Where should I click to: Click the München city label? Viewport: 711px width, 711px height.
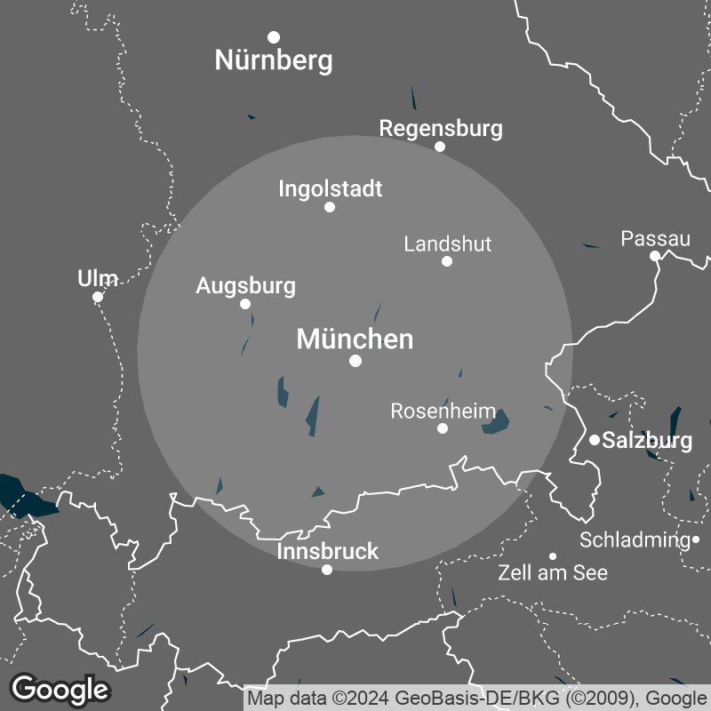pyautogui.click(x=355, y=340)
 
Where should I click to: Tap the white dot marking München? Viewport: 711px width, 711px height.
pyautogui.click(x=355, y=361)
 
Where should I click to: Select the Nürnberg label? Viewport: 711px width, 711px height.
pyautogui.click(x=274, y=60)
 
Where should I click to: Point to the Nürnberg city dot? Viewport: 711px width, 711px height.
pyautogui.click(x=274, y=36)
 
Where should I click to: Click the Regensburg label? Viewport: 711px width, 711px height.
pyautogui.click(x=440, y=128)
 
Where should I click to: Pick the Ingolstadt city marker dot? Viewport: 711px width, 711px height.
pyautogui.click(x=330, y=207)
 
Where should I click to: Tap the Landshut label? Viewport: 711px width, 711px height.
pyautogui.click(x=447, y=244)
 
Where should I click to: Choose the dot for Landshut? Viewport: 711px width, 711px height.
pyautogui.click(x=447, y=261)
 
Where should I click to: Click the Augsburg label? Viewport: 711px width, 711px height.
pyautogui.click(x=245, y=286)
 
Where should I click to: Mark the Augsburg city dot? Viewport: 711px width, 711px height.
pyautogui.click(x=245, y=304)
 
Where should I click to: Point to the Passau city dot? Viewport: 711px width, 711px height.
pyautogui.click(x=655, y=256)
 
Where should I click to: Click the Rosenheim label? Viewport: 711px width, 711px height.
pyautogui.click(x=443, y=411)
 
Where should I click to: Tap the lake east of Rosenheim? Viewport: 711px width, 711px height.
pyautogui.click(x=495, y=423)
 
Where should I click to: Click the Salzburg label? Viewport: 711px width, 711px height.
pyautogui.click(x=647, y=440)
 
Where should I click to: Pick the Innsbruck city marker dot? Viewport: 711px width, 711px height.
pyautogui.click(x=327, y=570)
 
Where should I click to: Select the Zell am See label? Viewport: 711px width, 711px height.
pyautogui.click(x=553, y=572)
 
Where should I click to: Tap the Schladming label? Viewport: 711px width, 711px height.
pyautogui.click(x=635, y=539)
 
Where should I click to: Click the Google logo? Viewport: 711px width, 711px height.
pyautogui.click(x=60, y=688)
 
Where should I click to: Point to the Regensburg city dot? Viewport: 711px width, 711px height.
pyautogui.click(x=440, y=147)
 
